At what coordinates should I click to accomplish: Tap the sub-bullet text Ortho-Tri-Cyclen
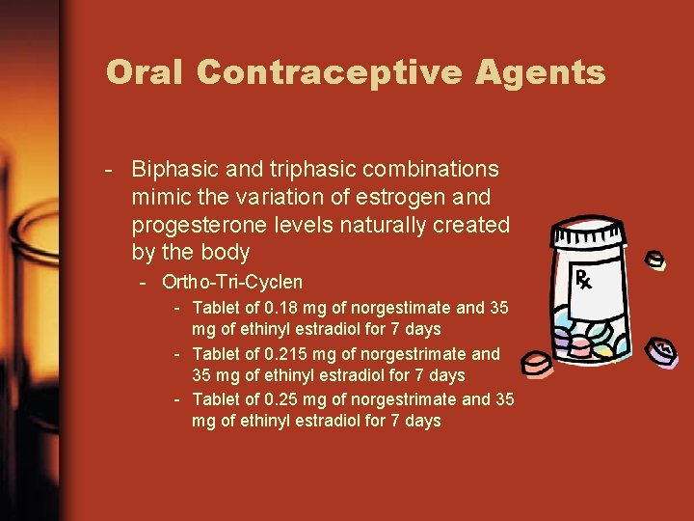click(232, 283)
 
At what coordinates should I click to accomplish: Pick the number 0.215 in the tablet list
click(286, 353)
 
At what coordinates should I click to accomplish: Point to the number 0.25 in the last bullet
click(282, 398)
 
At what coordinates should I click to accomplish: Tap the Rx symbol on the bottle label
click(583, 280)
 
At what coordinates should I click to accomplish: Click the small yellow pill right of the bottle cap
click(655, 260)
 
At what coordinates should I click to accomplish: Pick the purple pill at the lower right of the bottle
click(661, 350)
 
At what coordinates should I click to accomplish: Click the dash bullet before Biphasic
click(112, 170)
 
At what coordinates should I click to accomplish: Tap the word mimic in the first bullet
click(159, 197)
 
